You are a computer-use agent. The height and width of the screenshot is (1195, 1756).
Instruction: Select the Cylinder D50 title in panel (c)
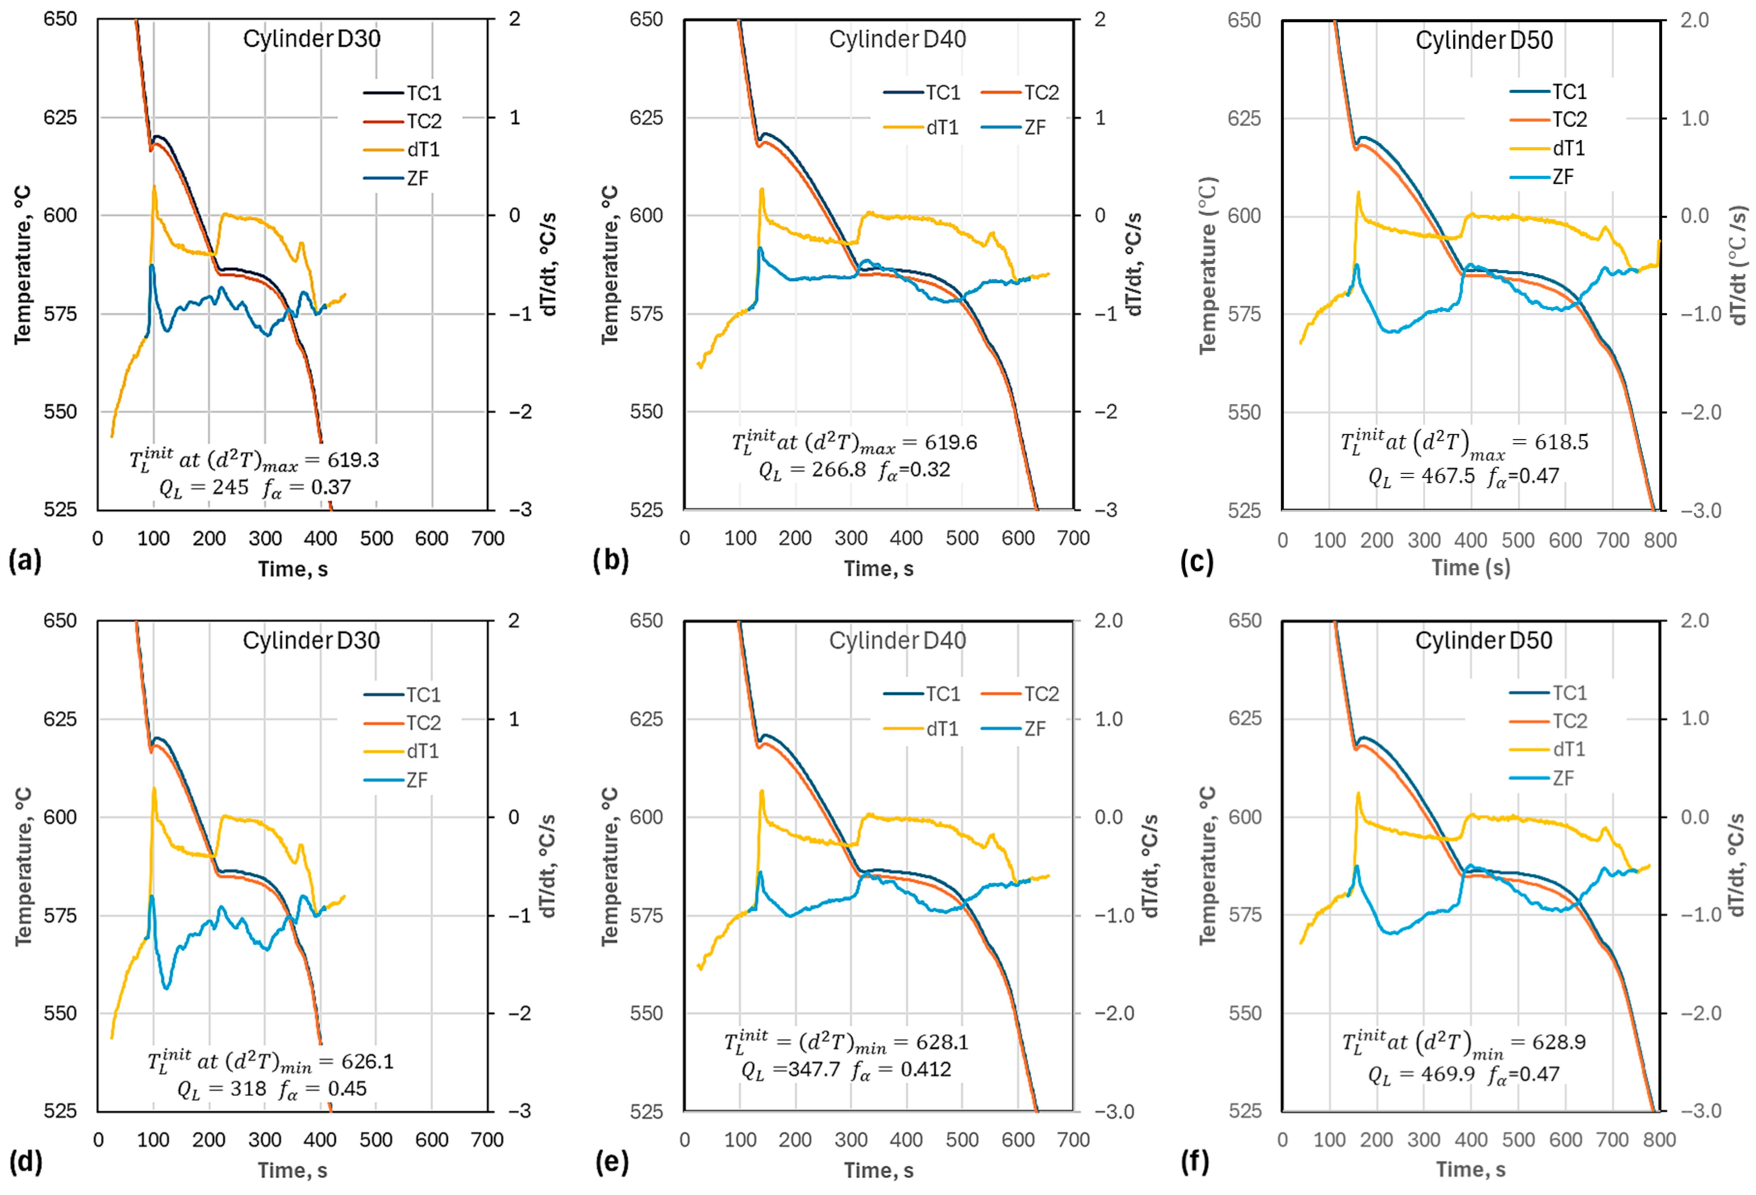(x=1484, y=40)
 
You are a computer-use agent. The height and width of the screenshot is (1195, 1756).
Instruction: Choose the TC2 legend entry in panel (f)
(x=1548, y=721)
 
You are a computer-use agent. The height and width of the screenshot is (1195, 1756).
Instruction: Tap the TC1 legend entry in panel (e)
(x=922, y=694)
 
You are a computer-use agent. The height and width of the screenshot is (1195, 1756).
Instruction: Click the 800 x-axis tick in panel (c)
(x=1660, y=540)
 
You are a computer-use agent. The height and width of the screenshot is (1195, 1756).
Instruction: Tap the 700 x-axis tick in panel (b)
(x=1073, y=538)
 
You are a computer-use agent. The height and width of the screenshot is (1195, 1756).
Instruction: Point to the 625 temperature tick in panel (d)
(x=60, y=719)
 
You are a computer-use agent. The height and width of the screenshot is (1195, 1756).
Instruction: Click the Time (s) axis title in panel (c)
(x=1470, y=568)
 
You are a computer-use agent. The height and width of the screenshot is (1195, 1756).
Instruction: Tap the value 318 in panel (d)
(x=249, y=1089)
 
